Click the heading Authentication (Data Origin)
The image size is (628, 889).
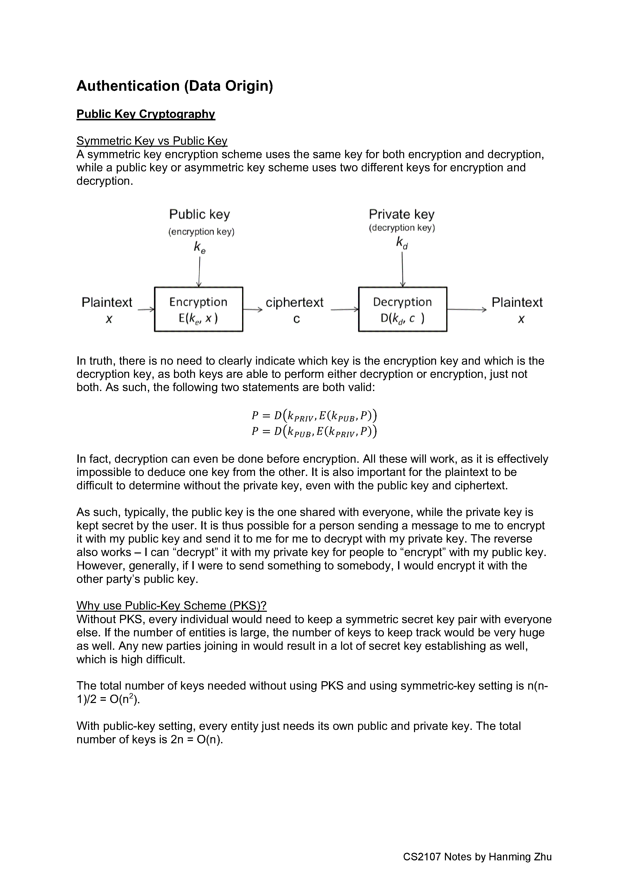174,86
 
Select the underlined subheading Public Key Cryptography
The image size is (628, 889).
146,114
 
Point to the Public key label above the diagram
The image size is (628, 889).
199,214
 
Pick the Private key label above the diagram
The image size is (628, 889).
401,214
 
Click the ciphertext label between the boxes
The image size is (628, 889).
295,302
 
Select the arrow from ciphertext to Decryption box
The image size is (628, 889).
344,309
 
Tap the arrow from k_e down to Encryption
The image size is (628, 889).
199,272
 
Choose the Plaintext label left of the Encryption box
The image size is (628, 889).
107,302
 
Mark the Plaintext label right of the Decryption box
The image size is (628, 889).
517,302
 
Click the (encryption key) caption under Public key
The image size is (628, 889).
201,232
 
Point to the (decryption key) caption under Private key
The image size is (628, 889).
402,228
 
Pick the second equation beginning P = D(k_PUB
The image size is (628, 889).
314,431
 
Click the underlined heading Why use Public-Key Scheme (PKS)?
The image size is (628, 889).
171,606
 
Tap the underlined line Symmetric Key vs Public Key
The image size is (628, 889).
152,141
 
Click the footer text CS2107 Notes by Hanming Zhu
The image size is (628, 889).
477,857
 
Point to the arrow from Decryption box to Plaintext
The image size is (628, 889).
466,309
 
